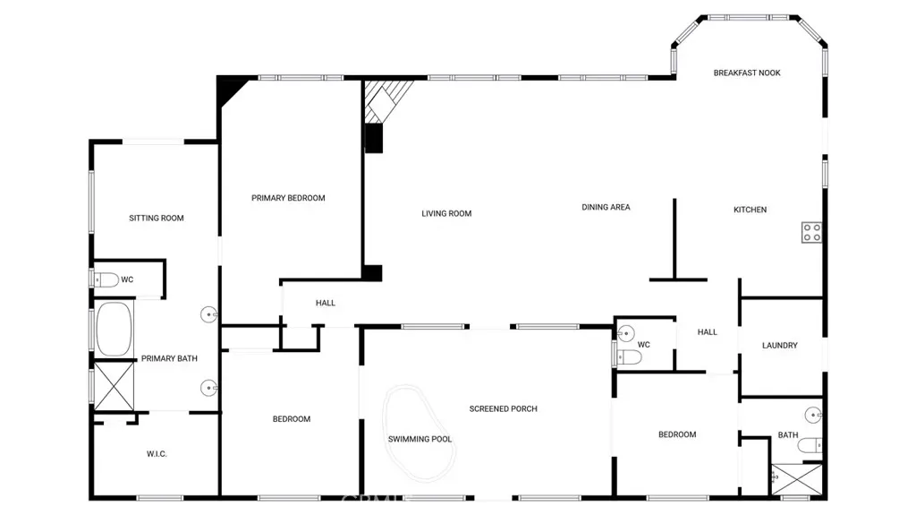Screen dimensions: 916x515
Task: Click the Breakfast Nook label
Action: pos(747,73)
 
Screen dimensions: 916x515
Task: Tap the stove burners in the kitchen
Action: pos(811,232)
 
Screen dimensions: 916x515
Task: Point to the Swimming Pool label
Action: pos(420,439)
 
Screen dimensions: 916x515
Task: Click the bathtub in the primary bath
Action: pos(114,329)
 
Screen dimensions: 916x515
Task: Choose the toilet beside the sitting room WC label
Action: pos(106,279)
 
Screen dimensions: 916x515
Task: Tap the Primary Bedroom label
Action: pos(288,198)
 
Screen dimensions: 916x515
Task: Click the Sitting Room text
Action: pos(156,218)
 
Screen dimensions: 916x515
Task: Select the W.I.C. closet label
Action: pos(157,453)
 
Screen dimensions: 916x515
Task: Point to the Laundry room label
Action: pos(779,346)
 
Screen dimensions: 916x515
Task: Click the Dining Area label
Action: pos(606,207)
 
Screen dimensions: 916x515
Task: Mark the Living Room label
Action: pos(446,213)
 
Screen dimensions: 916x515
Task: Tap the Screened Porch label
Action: pos(503,408)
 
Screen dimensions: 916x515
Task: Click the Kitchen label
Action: pos(751,210)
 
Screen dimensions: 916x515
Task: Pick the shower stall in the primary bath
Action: pos(114,386)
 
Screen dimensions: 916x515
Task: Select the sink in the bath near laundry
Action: pos(813,415)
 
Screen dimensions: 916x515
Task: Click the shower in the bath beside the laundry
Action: pos(797,480)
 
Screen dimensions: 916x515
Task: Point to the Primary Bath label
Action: pos(169,358)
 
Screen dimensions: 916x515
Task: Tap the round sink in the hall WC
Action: pos(626,333)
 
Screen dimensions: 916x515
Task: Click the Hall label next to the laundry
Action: pos(707,331)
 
